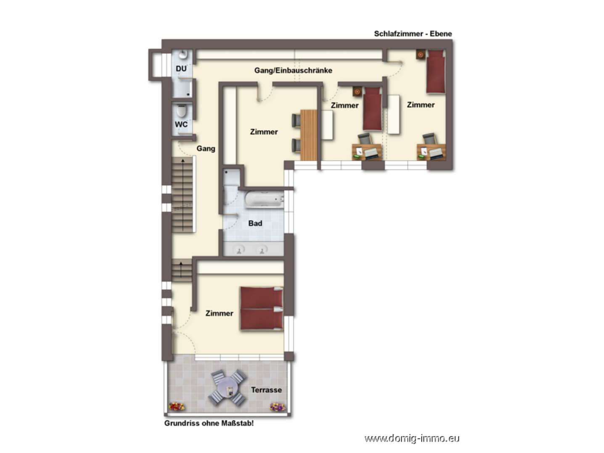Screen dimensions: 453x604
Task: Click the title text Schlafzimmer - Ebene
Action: [x=413, y=34]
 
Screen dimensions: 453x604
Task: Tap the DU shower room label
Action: [x=181, y=69]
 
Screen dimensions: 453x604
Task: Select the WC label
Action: [x=181, y=125]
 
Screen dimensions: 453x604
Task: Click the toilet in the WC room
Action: [x=181, y=111]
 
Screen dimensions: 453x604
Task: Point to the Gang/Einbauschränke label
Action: [x=293, y=71]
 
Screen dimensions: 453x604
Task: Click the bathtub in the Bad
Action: [x=265, y=199]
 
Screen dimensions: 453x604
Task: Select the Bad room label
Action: [x=255, y=223]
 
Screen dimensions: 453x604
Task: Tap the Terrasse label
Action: [x=266, y=390]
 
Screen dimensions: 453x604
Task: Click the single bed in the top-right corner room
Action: [x=435, y=72]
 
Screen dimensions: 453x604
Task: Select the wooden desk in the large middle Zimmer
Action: [x=308, y=135]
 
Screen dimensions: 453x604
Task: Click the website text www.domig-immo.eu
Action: [x=412, y=439]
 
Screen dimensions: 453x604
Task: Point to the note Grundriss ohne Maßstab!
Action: [x=209, y=424]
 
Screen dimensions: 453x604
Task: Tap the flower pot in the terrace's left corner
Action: [x=177, y=406]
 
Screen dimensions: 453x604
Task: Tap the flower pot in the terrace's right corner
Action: [x=277, y=407]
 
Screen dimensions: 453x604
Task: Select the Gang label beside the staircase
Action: [x=206, y=148]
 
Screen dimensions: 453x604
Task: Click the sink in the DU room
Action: [x=183, y=55]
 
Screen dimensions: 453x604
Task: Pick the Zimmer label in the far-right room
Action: [x=421, y=105]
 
